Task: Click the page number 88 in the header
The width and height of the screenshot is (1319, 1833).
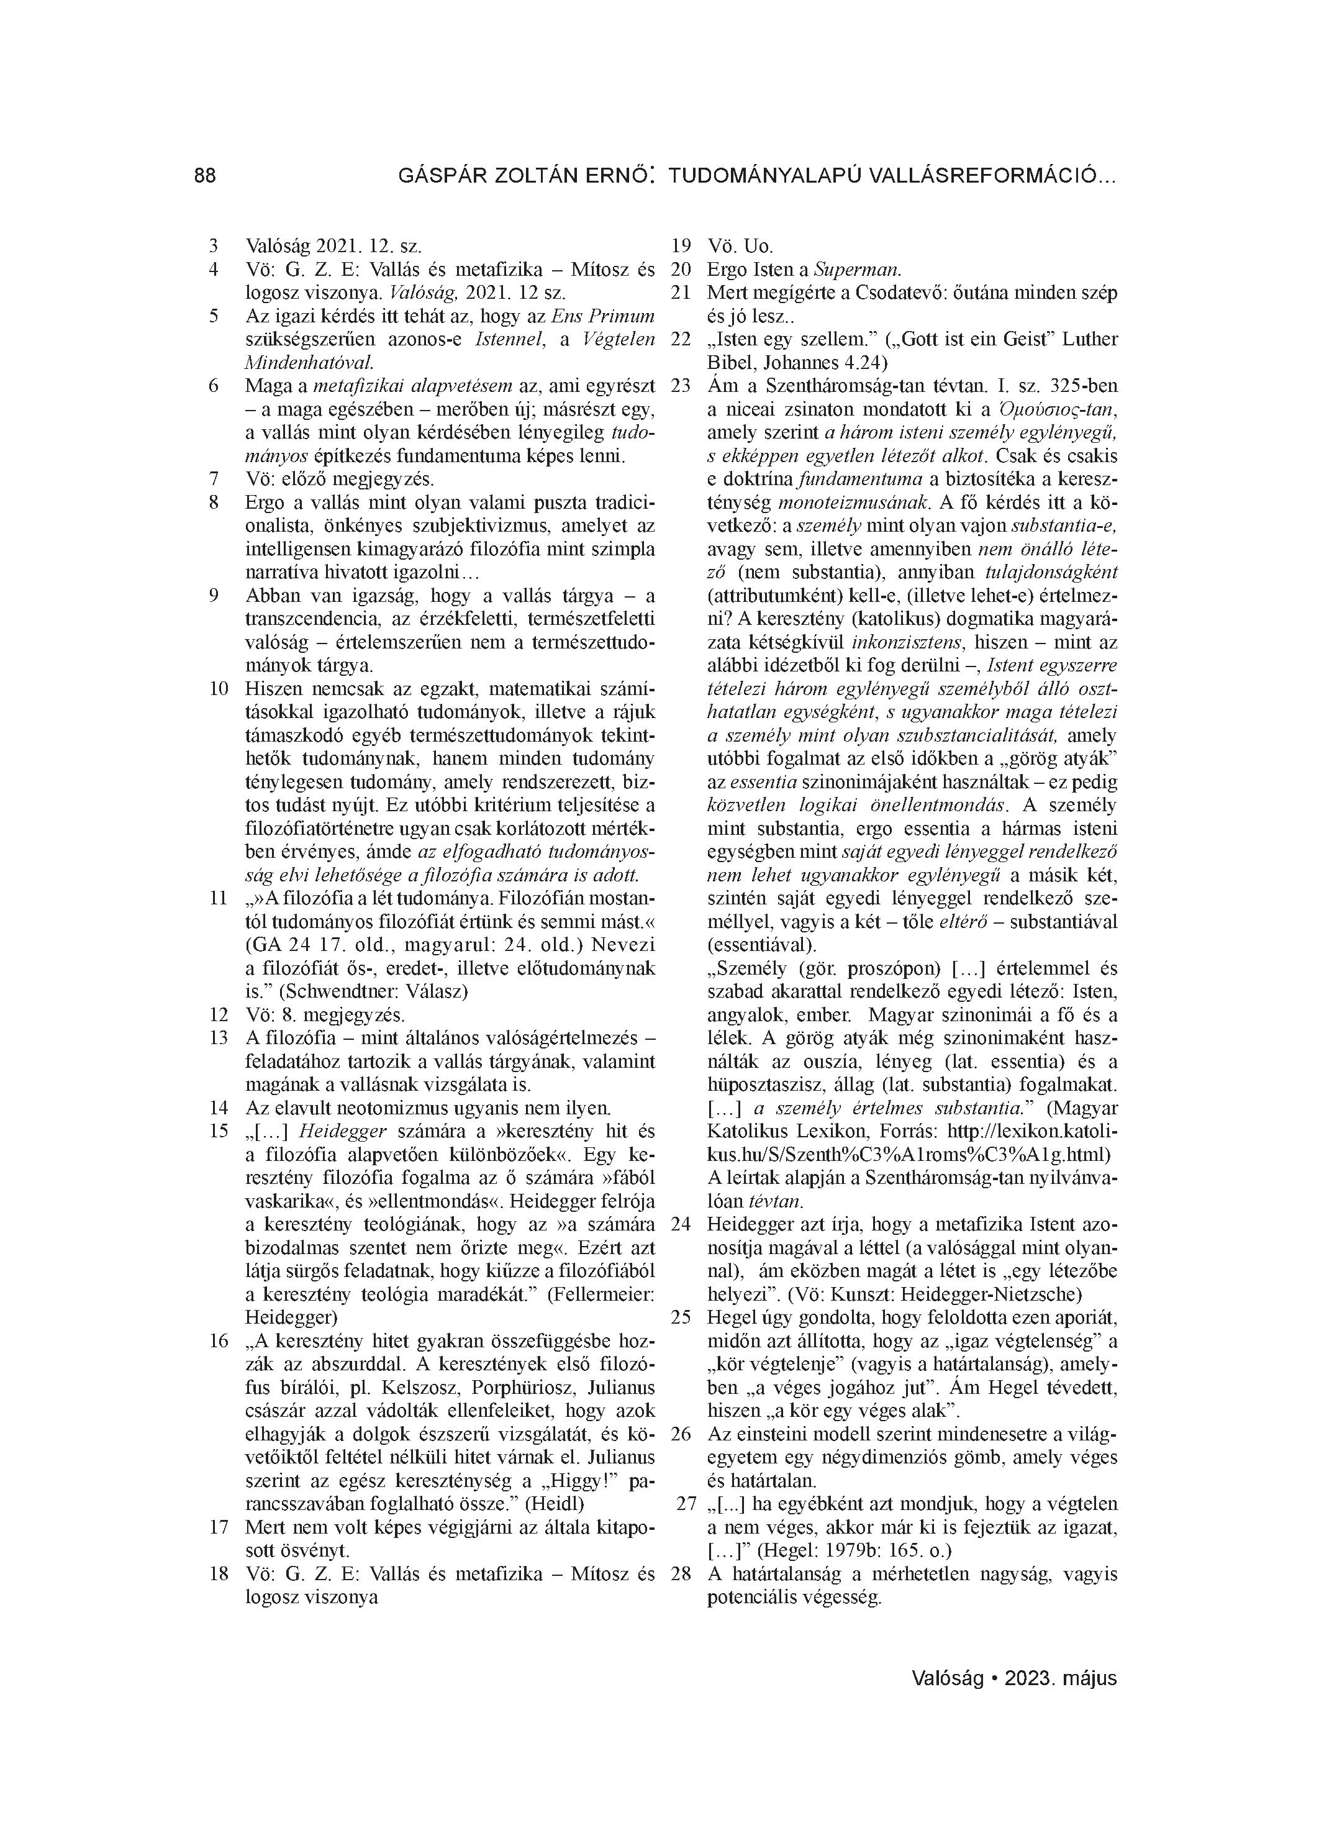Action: coord(206,175)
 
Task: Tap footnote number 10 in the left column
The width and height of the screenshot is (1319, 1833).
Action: coord(217,689)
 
